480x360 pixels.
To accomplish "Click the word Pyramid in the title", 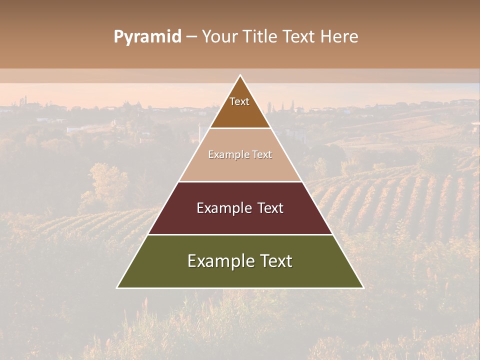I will click(147, 37).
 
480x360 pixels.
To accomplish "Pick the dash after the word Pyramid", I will click(191, 37).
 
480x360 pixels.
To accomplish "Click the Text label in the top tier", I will click(239, 101).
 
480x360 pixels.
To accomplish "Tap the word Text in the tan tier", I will click(262, 155).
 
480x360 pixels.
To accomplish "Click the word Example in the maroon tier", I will click(221, 208).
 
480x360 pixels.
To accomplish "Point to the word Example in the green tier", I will click(219, 261).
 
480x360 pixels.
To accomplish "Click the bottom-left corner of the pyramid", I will click(117, 287).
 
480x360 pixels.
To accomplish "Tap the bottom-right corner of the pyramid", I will click(363, 287).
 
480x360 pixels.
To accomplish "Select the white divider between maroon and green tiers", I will click(240, 234).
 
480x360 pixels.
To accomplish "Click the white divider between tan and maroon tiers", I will click(240, 181).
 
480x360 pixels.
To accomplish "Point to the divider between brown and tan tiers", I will click(240, 128).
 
